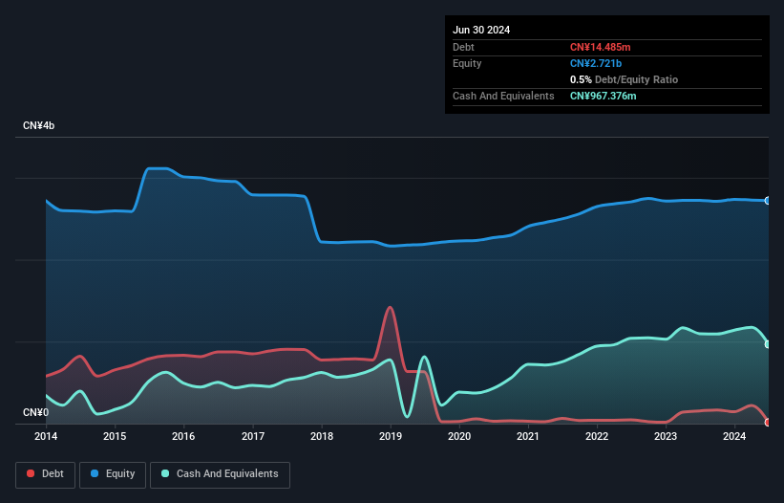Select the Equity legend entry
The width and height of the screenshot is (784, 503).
tap(114, 473)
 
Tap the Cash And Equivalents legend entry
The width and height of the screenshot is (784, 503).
tap(220, 473)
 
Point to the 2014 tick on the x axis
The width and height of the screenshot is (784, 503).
tap(46, 437)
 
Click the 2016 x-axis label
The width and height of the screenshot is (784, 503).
tap(183, 437)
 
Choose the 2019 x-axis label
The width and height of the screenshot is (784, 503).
tap(390, 437)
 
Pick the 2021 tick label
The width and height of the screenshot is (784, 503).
tap(527, 437)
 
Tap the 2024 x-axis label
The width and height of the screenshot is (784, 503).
tap(733, 437)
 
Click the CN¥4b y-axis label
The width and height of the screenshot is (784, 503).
tap(39, 126)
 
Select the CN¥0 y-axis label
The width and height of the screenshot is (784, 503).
tap(35, 412)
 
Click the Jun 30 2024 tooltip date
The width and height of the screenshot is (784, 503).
tap(481, 30)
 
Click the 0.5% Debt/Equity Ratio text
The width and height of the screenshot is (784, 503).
tap(624, 79)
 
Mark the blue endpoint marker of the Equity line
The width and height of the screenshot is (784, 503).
tap(768, 201)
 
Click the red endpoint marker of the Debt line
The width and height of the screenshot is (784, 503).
tap(768, 422)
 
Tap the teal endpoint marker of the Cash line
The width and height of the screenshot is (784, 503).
tap(768, 344)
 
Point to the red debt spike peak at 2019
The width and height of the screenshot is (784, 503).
tap(390, 307)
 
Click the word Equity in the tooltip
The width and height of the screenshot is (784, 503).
tap(467, 63)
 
